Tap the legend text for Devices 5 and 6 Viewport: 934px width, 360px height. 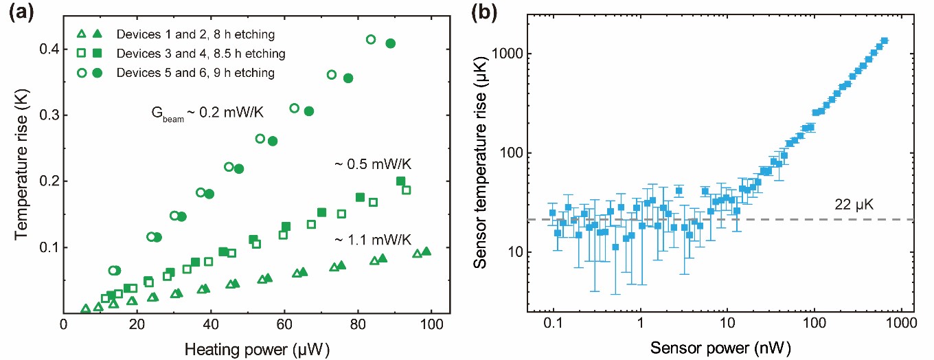[x=177, y=73]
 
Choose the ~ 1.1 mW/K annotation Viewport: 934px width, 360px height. [x=372, y=239]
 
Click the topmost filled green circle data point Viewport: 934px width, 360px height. [x=391, y=43]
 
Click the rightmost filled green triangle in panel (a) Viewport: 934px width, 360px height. [x=426, y=251]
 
